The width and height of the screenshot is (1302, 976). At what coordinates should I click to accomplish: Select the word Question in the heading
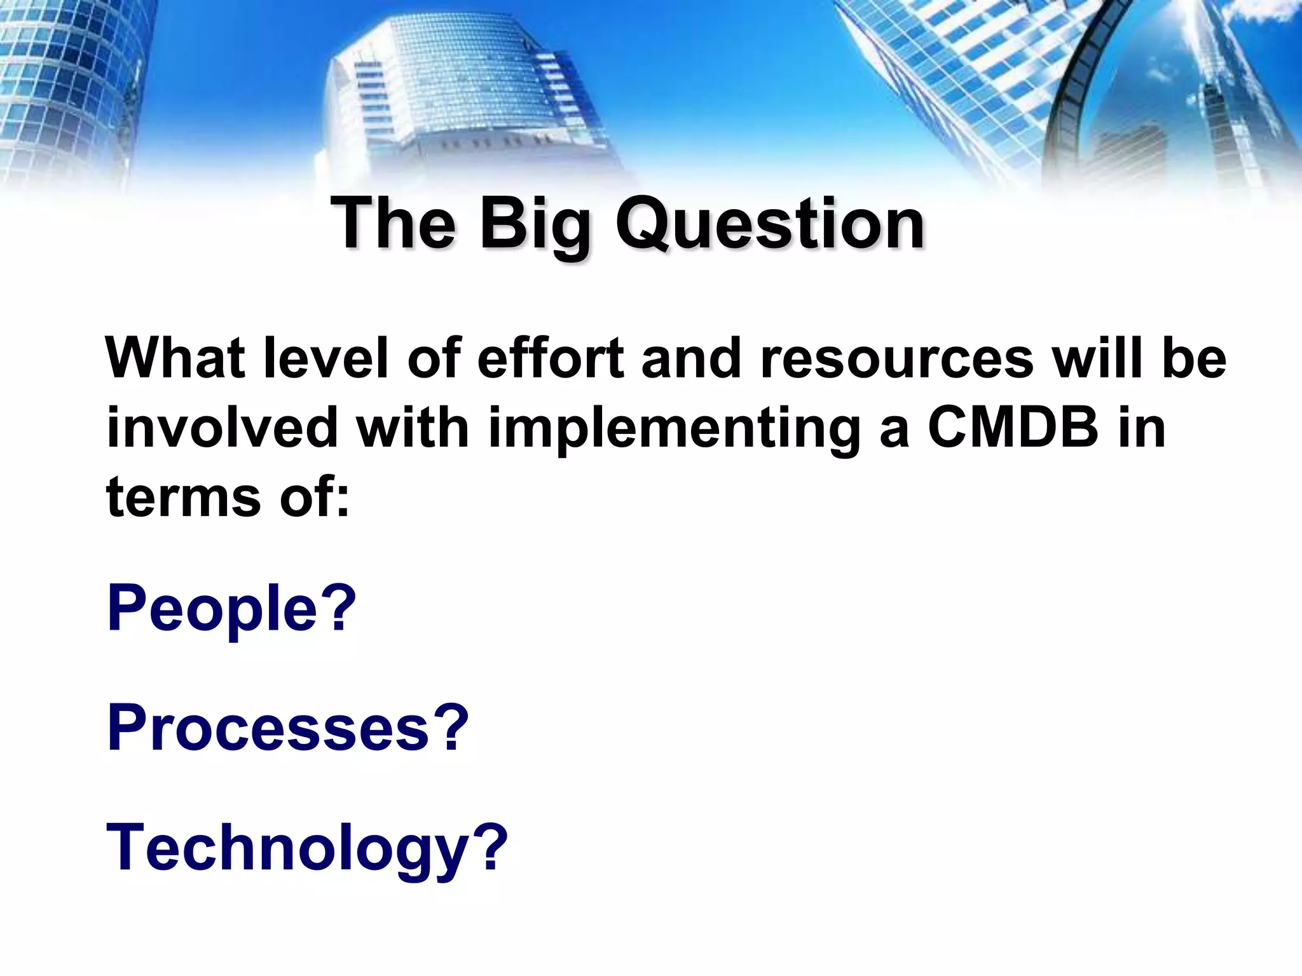point(770,224)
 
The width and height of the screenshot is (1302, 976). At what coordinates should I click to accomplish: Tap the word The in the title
point(393,224)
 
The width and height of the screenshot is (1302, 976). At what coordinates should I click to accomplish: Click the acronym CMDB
point(1013,427)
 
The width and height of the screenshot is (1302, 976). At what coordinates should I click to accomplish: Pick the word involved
point(222,427)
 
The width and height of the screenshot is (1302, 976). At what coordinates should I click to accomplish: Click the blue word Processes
point(269,728)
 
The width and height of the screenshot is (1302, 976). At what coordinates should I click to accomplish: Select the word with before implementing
point(412,427)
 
